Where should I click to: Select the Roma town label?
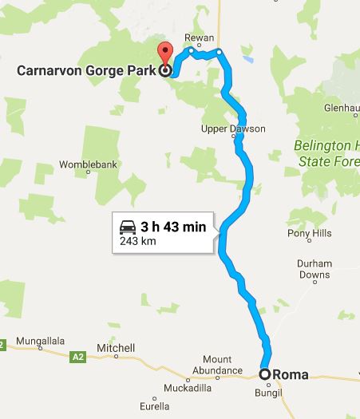(291, 373)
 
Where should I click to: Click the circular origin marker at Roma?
(265, 373)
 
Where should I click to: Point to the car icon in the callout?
(128, 227)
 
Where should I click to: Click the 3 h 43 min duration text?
(173, 227)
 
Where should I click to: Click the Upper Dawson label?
(234, 128)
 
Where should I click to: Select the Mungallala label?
(40, 341)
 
